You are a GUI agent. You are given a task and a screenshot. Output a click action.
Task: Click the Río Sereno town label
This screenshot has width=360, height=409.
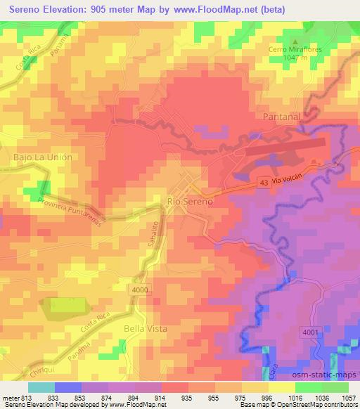[x=190, y=201]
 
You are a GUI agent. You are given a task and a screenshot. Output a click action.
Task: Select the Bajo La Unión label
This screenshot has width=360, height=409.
[x=43, y=157]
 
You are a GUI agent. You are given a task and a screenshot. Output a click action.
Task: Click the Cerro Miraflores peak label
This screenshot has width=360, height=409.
[x=295, y=49]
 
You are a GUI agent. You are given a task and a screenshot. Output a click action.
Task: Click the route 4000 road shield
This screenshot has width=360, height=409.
[x=141, y=289]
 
